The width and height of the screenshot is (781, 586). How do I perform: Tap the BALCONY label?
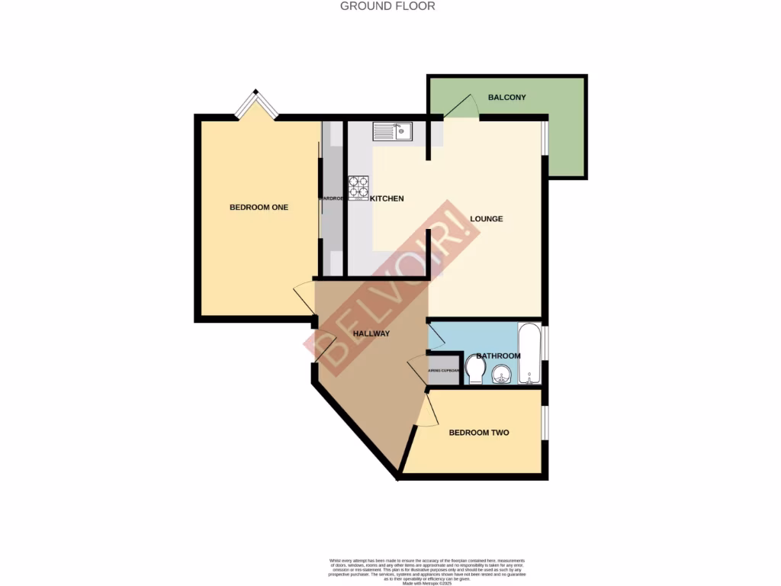pos(507,98)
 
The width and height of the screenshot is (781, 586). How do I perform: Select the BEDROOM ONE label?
pos(259,207)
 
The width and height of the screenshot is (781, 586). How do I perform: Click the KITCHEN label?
pos(387,198)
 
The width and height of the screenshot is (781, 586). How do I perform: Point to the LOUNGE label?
pos(486,219)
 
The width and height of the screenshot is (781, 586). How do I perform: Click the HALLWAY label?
pos(371,333)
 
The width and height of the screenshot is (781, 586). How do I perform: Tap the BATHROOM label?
pos(498,356)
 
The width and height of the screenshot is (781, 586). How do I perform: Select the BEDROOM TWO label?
pos(478,433)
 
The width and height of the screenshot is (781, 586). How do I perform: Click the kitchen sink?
pos(392,131)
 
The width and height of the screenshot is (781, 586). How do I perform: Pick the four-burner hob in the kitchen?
pos(358,187)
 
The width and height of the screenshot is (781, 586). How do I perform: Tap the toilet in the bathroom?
pos(475,372)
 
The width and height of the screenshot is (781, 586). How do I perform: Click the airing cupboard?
pos(444,370)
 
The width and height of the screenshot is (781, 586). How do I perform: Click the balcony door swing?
pos(462,108)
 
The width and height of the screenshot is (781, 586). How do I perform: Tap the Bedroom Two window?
pos(544,423)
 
